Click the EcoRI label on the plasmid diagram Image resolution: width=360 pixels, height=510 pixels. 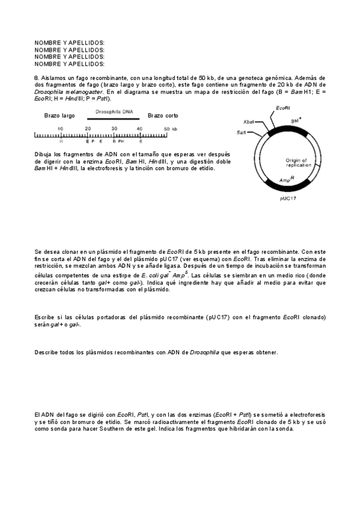tap(284, 108)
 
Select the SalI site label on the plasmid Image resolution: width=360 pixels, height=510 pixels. tap(242, 132)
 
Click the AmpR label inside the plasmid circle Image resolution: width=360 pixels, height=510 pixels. tap(286, 179)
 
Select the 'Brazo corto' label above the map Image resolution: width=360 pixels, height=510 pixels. tap(163, 115)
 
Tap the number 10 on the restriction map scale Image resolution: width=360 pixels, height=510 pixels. tap(61, 129)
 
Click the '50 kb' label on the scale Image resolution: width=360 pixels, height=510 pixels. tap(170, 129)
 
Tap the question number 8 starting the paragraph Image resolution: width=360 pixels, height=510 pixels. tap(37, 78)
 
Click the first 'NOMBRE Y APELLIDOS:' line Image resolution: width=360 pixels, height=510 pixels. tap(70, 43)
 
